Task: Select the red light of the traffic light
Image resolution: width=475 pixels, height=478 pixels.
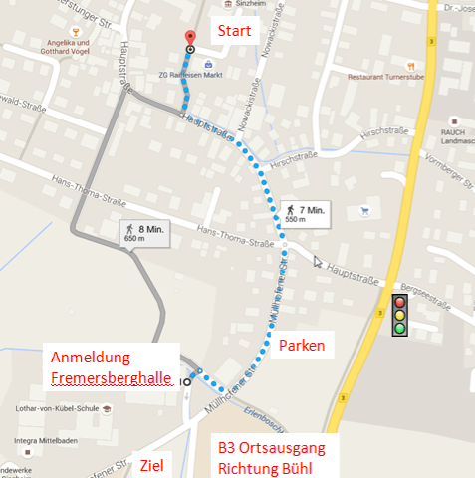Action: (401, 302)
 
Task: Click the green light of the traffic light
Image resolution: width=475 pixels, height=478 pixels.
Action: (401, 327)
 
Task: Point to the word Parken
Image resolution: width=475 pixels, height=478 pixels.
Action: (303, 345)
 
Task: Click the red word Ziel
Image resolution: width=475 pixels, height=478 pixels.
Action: (152, 464)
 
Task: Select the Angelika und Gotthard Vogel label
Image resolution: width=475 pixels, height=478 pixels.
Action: (69, 48)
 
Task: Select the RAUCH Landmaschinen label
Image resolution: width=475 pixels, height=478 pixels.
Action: (453, 136)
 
